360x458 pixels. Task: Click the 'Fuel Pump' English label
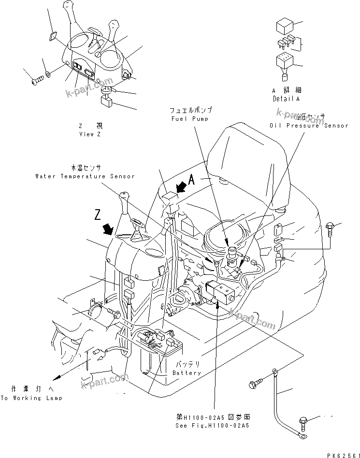pyautogui.click(x=190, y=119)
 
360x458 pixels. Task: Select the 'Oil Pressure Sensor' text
pyautogui.click(x=309, y=126)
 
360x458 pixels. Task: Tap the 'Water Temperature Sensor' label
pyautogui.click(x=85, y=176)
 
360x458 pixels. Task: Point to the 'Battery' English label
pyautogui.click(x=187, y=373)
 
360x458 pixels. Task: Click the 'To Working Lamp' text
pyautogui.click(x=31, y=398)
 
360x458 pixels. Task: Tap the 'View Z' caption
pyautogui.click(x=90, y=134)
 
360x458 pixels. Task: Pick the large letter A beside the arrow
pyautogui.click(x=191, y=181)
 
